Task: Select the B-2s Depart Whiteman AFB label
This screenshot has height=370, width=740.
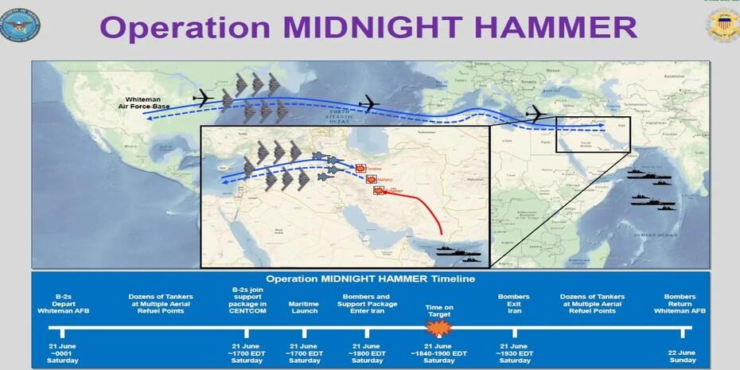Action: click(60, 305)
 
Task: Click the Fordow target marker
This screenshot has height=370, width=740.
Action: click(360, 169)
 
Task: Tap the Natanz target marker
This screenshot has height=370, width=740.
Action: click(371, 180)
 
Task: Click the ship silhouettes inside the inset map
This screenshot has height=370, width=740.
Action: click(459, 254)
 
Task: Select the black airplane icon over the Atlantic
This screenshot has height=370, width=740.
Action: click(368, 103)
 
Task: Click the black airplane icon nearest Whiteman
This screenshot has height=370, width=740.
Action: click(204, 98)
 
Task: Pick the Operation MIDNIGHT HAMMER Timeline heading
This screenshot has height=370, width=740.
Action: click(370, 279)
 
